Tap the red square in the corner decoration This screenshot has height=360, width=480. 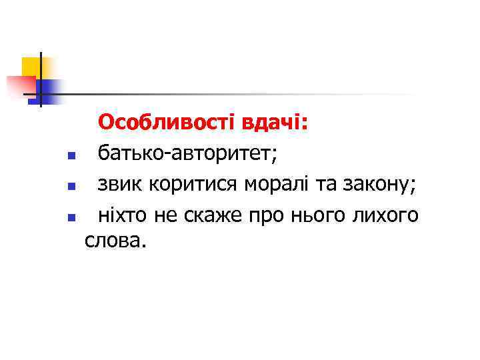coord(20,85)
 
